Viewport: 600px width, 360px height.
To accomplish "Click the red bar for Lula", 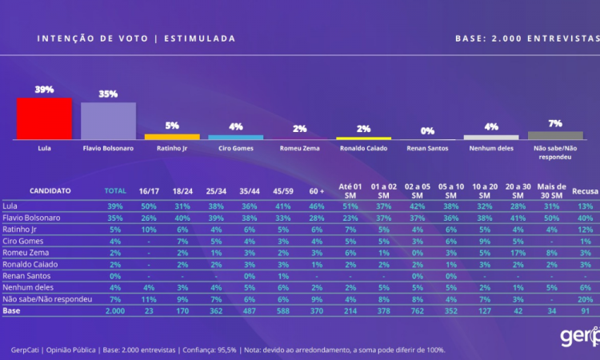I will pyautogui.click(x=44, y=119).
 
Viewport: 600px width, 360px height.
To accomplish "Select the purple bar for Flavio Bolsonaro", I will pyautogui.click(x=108, y=121).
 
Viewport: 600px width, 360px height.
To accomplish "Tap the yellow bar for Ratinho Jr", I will pyautogui.click(x=171, y=137).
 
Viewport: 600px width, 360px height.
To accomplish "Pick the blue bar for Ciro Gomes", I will pyautogui.click(x=235, y=137).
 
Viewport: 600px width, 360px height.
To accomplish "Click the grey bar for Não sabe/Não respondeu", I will pyautogui.click(x=554, y=135).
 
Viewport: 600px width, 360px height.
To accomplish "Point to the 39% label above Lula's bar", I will pyautogui.click(x=44, y=90).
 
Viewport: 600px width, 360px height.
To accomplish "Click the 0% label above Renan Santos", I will pyautogui.click(x=427, y=130).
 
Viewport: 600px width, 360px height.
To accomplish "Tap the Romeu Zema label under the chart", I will pyautogui.click(x=299, y=148).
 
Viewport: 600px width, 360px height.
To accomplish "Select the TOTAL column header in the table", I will pyautogui.click(x=116, y=190).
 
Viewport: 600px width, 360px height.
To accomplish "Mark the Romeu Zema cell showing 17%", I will pyautogui.click(x=518, y=251).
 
